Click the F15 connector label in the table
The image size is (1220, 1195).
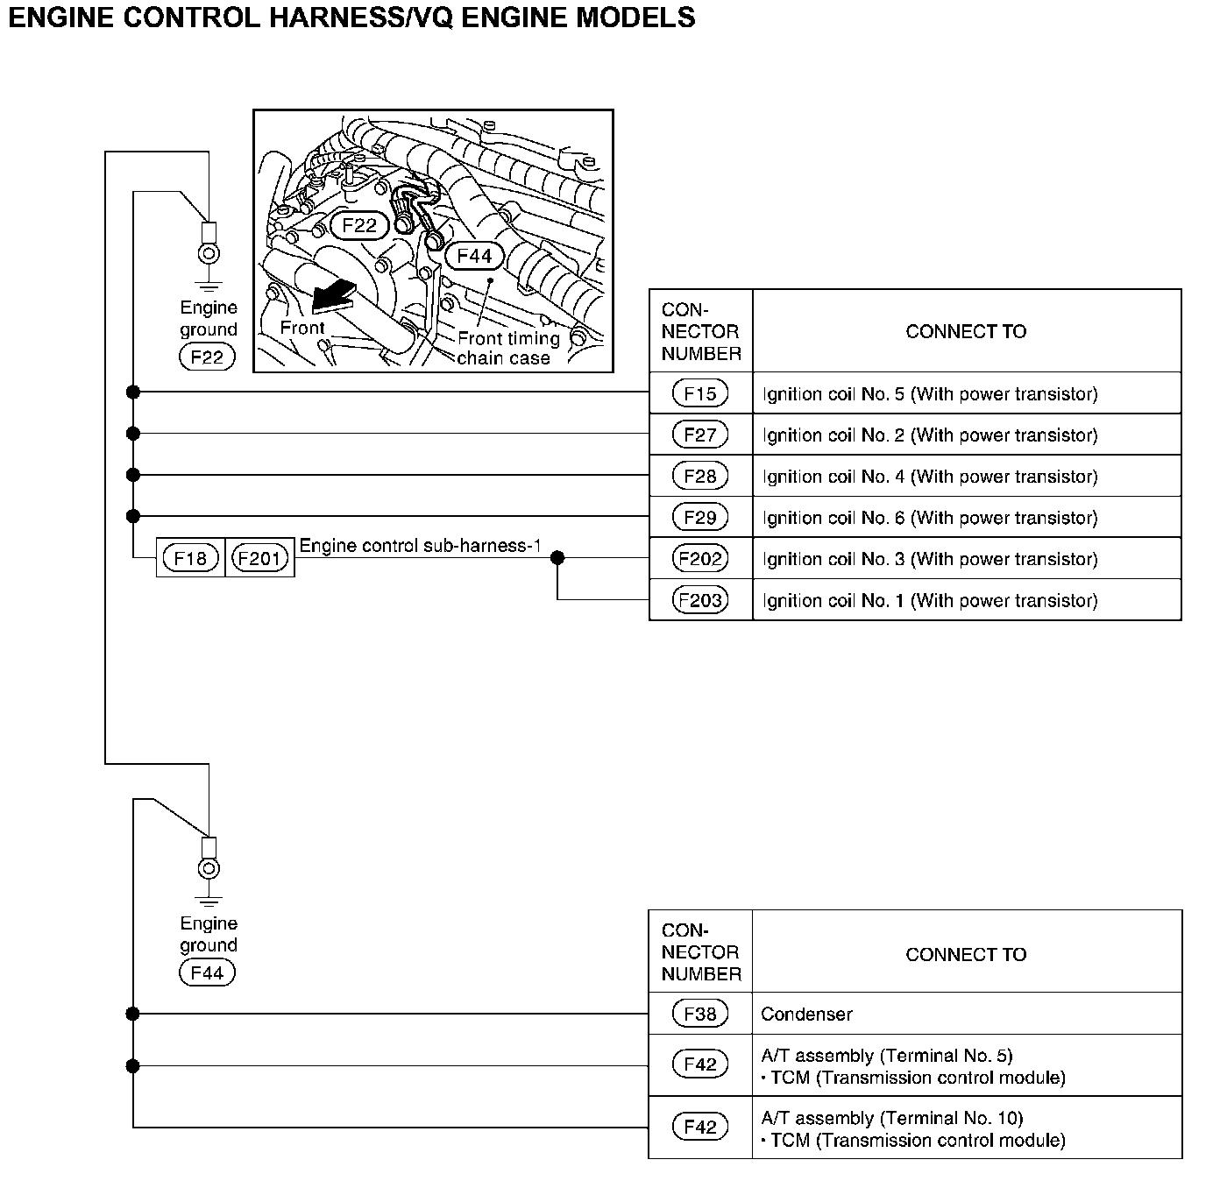(699, 393)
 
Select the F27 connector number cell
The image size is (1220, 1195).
(699, 435)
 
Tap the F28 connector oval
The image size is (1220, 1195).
(699, 476)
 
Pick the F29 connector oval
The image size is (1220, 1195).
(699, 517)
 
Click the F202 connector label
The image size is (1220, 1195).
(699, 558)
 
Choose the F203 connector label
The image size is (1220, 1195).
(699, 600)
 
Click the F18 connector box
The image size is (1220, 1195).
(190, 558)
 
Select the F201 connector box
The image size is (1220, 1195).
(259, 558)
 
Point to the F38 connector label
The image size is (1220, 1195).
(699, 1014)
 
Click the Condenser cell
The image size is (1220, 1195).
(806, 1014)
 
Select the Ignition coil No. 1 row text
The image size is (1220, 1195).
(929, 600)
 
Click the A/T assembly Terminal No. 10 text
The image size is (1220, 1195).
(892, 1118)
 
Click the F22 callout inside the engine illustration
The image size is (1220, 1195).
(358, 225)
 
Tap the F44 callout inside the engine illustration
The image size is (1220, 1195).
(474, 256)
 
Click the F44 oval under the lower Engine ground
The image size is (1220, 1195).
(207, 972)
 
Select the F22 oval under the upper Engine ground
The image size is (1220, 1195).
(207, 357)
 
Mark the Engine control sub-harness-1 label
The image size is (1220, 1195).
(420, 545)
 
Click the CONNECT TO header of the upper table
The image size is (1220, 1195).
(966, 331)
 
